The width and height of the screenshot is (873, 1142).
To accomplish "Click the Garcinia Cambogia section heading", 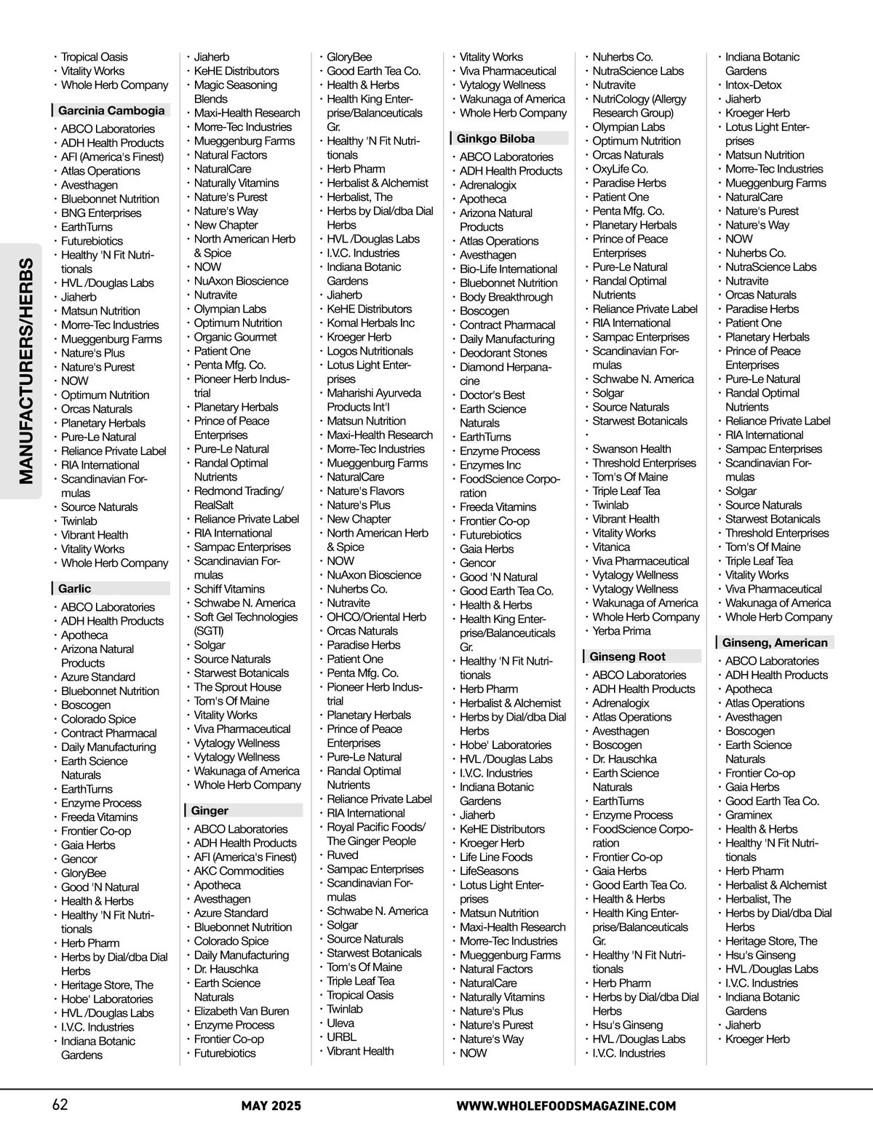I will (x=111, y=111).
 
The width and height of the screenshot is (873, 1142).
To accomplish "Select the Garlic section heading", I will (x=75, y=588).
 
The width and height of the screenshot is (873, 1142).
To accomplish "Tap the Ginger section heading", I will (x=210, y=810).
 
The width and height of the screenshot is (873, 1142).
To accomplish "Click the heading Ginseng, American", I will (x=775, y=642).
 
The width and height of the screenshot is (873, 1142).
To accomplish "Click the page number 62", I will (x=60, y=1104).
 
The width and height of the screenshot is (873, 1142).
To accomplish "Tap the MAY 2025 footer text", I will (x=271, y=1106).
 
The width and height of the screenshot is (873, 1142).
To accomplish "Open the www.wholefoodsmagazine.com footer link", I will (x=566, y=1106).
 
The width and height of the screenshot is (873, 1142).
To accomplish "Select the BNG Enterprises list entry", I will (x=101, y=213).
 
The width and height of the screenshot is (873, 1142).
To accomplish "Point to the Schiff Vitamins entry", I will (x=229, y=589).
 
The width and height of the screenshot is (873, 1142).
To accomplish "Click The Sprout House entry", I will (x=237, y=687).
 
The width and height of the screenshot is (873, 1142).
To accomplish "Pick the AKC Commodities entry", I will (x=239, y=871).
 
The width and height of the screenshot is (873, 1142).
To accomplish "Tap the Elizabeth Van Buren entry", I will (x=241, y=1011).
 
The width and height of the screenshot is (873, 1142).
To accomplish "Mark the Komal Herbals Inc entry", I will (x=370, y=322).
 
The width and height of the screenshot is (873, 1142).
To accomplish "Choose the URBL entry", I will (x=341, y=1036).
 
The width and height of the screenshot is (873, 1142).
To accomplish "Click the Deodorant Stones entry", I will (x=503, y=353).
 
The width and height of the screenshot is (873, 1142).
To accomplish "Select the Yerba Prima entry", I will (x=621, y=631).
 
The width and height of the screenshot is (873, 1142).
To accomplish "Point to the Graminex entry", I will (x=749, y=815).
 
